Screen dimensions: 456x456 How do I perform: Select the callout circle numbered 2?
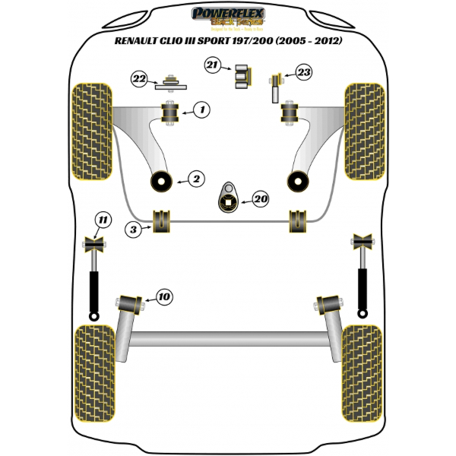tap(196, 179)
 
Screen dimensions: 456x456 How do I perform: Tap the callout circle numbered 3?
tap(134, 226)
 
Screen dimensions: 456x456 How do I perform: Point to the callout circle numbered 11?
tap(101, 221)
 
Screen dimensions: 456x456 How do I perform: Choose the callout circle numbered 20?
tap(260, 199)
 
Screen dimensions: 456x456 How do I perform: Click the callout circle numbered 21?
tap(214, 66)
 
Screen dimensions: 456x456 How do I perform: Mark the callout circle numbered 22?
tap(138, 78)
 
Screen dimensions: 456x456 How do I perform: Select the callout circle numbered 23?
tap(303, 73)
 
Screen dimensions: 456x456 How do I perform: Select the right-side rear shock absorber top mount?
tap(361, 244)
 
